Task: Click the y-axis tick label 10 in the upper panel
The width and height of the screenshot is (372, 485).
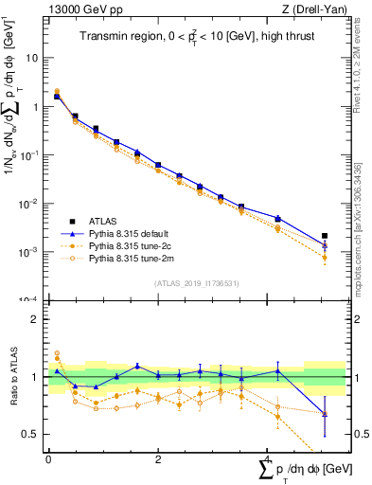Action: tap(32, 58)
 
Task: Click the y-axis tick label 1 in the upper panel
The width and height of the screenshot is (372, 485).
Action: tap(35, 106)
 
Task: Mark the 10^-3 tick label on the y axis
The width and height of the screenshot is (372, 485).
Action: tap(29, 252)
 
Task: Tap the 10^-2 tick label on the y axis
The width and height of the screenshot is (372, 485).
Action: tap(29, 204)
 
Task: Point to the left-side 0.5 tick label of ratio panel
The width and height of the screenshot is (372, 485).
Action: tap(30, 435)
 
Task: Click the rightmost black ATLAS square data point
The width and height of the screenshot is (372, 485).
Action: tap(325, 236)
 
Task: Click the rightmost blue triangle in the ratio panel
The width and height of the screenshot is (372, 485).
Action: tap(325, 414)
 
